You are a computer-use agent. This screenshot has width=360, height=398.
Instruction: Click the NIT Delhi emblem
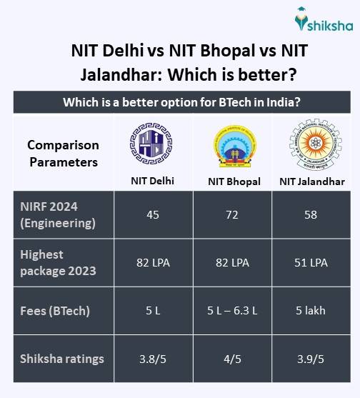click(x=151, y=143)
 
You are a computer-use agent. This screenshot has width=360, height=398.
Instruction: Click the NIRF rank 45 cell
click(x=152, y=214)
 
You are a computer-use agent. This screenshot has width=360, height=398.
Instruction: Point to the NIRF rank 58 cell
click(x=311, y=214)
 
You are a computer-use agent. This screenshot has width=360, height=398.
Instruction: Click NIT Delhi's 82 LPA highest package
click(x=152, y=262)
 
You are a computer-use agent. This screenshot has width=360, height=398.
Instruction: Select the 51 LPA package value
click(x=311, y=262)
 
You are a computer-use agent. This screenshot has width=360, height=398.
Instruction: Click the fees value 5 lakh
click(x=311, y=311)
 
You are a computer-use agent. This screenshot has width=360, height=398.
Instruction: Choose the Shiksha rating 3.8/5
click(x=152, y=359)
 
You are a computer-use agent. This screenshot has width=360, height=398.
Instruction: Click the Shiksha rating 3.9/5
click(x=311, y=359)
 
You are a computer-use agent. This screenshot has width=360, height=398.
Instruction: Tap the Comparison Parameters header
click(x=63, y=153)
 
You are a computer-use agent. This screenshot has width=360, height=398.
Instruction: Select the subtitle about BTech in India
click(x=180, y=102)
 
